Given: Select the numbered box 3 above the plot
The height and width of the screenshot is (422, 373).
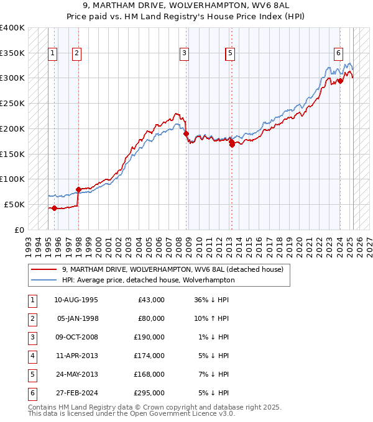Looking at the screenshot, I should [x=185, y=54].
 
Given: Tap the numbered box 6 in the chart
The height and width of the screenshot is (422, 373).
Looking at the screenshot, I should [x=338, y=54].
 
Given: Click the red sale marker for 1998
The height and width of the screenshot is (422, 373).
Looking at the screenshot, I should [x=78, y=189].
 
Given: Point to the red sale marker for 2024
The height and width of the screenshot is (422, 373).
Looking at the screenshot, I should [x=340, y=81].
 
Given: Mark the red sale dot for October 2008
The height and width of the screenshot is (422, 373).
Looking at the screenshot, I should [x=186, y=133].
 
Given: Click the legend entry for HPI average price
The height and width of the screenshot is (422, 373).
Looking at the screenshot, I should [x=148, y=280].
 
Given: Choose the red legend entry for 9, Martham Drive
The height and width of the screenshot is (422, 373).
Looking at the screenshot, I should [x=172, y=269].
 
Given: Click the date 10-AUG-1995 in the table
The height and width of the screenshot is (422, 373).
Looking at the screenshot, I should [x=76, y=300].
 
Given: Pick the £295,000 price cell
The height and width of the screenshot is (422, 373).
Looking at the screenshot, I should [x=149, y=393].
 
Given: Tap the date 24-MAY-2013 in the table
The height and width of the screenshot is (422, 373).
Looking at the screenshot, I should [x=76, y=374].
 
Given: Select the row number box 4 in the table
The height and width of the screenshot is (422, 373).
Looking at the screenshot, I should [x=31, y=356].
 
